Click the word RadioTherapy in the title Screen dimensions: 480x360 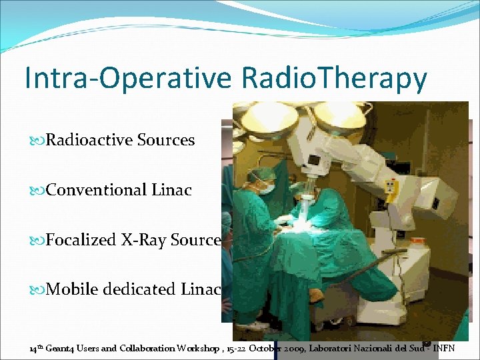[334, 78]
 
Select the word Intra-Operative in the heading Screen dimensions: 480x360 [128, 78]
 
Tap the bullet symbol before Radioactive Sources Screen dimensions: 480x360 [37, 141]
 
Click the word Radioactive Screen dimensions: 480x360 [89, 139]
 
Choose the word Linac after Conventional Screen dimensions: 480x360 [172, 189]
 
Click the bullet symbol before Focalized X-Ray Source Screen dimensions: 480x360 [37, 240]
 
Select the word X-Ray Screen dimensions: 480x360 [143, 240]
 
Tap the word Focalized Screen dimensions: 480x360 [81, 239]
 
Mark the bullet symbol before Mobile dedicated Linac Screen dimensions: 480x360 [37, 289]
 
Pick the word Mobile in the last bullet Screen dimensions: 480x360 [72, 289]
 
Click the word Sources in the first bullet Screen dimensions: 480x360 [166, 139]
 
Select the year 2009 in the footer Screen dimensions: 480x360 [293, 349]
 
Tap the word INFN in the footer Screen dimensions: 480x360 [443, 349]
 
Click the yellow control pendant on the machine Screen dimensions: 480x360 [391, 191]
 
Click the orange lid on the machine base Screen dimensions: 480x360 [417, 240]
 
